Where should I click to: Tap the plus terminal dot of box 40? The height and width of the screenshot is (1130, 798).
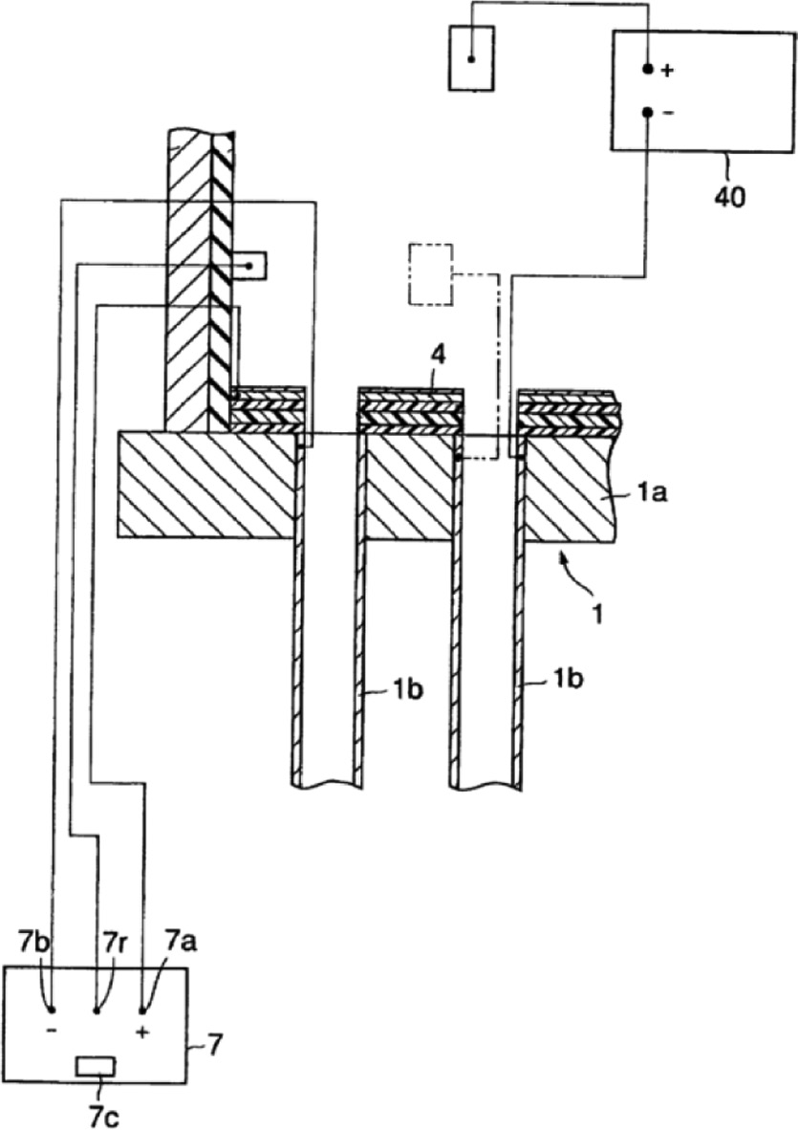click(x=648, y=70)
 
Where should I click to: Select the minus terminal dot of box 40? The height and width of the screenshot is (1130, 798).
click(x=648, y=113)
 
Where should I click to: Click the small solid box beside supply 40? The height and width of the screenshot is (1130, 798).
click(x=471, y=58)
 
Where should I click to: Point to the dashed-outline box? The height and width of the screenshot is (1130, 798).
click(x=431, y=275)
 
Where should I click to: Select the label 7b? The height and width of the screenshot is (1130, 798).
click(x=31, y=943)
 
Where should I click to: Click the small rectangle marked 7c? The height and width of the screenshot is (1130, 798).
click(x=96, y=1065)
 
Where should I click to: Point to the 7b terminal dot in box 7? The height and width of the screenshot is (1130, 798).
click(x=52, y=1010)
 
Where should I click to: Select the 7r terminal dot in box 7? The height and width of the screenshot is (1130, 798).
click(x=96, y=1010)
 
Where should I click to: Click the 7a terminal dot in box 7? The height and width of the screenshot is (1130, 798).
click(x=142, y=1010)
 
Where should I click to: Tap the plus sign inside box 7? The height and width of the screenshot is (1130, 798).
click(x=143, y=1033)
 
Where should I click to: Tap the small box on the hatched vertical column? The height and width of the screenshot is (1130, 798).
click(x=250, y=266)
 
